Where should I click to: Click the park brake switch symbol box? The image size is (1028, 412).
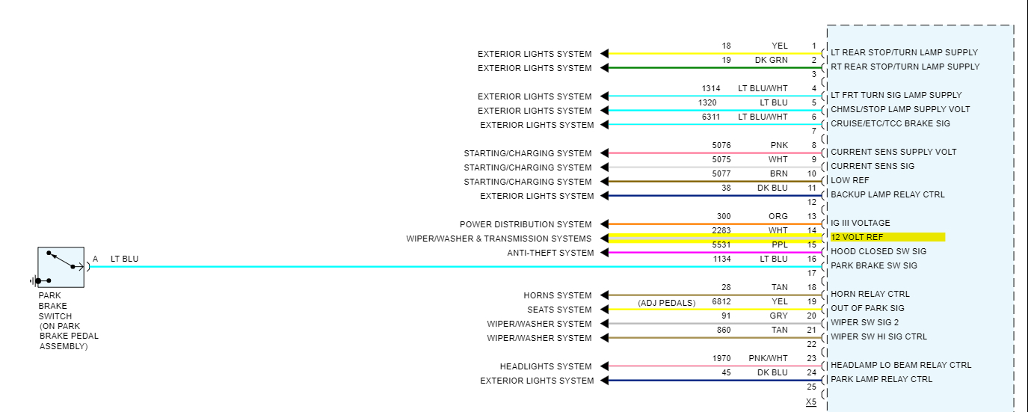[61, 267]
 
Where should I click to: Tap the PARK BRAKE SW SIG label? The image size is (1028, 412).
[873, 265]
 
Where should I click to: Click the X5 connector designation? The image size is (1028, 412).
[811, 402]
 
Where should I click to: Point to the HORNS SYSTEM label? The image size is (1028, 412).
[557, 295]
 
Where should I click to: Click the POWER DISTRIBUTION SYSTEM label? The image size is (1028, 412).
[525, 224]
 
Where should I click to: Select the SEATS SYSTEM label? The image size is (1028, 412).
[559, 310]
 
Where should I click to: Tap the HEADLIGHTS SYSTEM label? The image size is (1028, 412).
[546, 366]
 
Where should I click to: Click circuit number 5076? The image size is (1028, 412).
[721, 145]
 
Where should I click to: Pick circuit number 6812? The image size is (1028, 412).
[721, 301]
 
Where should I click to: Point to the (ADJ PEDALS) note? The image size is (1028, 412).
[666, 303]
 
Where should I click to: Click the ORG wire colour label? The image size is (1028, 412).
[778, 216]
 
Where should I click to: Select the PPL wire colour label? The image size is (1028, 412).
[779, 245]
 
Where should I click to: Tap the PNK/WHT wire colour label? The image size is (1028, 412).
[768, 358]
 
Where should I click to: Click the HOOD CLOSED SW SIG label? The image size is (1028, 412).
[878, 251]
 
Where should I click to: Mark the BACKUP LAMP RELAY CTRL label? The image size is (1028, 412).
[887, 194]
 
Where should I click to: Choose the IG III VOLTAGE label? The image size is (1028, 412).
[861, 223]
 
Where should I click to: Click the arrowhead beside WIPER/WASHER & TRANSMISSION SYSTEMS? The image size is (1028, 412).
[604, 239]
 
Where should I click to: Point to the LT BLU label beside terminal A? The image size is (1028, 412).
[124, 259]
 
